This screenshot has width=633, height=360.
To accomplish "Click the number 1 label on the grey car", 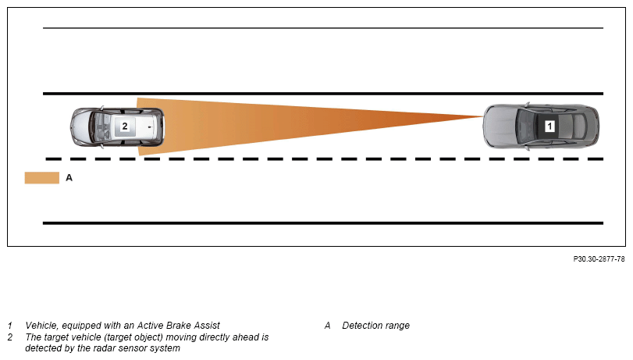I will (549, 125).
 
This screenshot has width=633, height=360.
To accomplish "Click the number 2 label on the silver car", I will (124, 125).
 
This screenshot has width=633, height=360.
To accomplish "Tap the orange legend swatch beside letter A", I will (42, 178).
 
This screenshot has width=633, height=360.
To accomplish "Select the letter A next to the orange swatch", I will (69, 178).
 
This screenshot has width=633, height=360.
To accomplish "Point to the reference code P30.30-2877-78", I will (599, 259).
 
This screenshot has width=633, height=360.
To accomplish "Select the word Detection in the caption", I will (361, 326).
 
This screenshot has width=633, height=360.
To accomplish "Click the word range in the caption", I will (397, 326).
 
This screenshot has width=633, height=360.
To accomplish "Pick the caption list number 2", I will (10, 337).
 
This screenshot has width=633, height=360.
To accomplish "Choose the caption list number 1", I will (10, 326).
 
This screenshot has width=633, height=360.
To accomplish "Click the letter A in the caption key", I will (328, 326).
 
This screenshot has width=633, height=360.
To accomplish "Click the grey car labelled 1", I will (542, 125).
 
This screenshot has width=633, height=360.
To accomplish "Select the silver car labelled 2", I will (119, 126).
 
